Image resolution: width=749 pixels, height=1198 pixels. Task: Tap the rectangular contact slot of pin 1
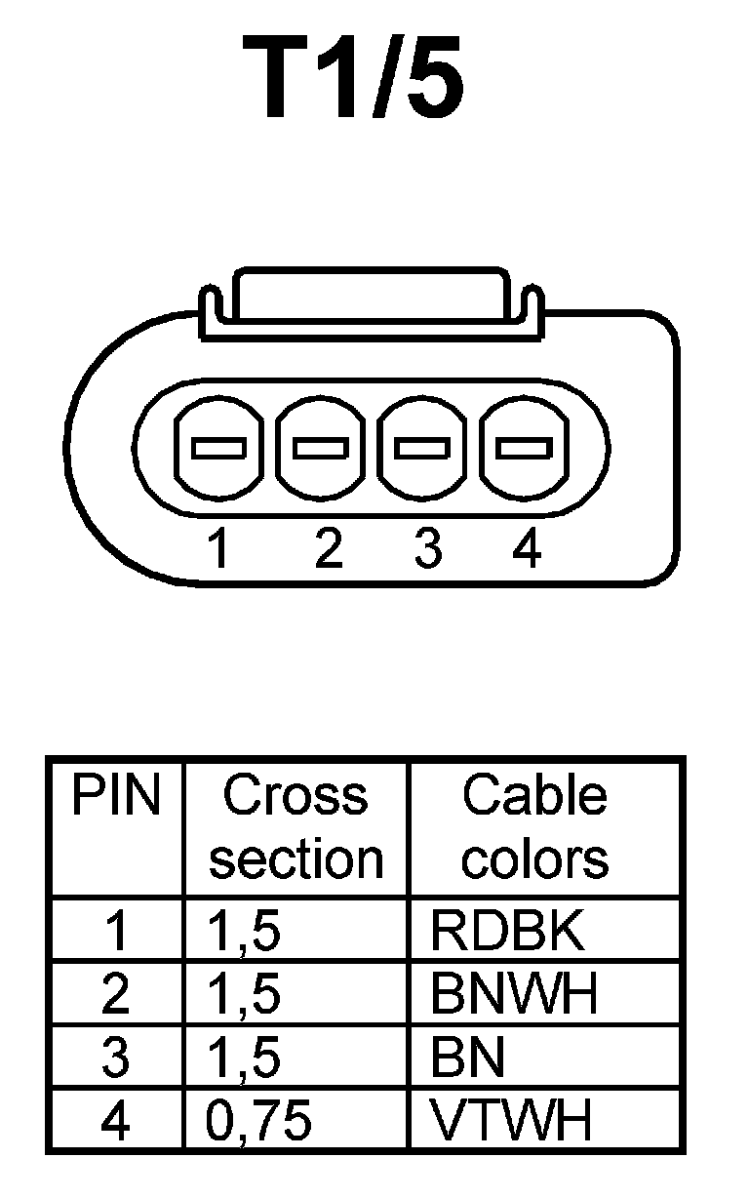(x=218, y=449)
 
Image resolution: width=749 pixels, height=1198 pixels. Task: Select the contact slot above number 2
(x=322, y=449)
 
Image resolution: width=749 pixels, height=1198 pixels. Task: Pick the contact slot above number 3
(x=423, y=449)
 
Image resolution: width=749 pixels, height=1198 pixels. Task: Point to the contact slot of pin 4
(x=525, y=449)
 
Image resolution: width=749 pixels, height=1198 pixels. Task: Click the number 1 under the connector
(x=219, y=550)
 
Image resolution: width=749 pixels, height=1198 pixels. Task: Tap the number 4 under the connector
(x=526, y=550)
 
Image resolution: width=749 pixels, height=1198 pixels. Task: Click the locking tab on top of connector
(x=371, y=302)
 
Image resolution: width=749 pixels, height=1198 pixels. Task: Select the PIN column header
(x=115, y=797)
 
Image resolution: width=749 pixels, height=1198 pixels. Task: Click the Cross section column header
(x=296, y=827)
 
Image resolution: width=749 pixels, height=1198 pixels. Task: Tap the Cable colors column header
(x=534, y=827)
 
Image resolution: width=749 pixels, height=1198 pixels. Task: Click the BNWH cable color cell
(x=513, y=994)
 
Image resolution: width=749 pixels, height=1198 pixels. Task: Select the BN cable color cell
(x=469, y=1058)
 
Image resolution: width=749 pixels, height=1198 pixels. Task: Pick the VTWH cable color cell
(x=512, y=1121)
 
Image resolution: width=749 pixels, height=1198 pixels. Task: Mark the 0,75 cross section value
(x=258, y=1122)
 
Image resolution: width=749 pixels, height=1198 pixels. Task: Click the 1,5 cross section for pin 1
(x=244, y=932)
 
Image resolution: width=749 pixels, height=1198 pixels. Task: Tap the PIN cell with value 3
(x=115, y=1058)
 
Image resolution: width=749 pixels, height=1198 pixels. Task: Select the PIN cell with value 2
(x=115, y=994)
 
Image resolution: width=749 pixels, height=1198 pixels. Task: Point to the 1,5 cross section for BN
(x=244, y=1058)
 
